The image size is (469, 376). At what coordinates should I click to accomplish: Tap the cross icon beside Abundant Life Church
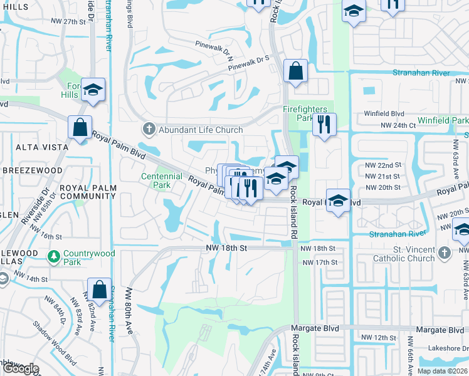[x=149, y=130]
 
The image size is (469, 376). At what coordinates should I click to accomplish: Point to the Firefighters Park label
[x=306, y=113]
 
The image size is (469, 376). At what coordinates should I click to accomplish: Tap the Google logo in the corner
[x=20, y=368]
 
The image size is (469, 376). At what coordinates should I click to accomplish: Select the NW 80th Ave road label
[x=130, y=312]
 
